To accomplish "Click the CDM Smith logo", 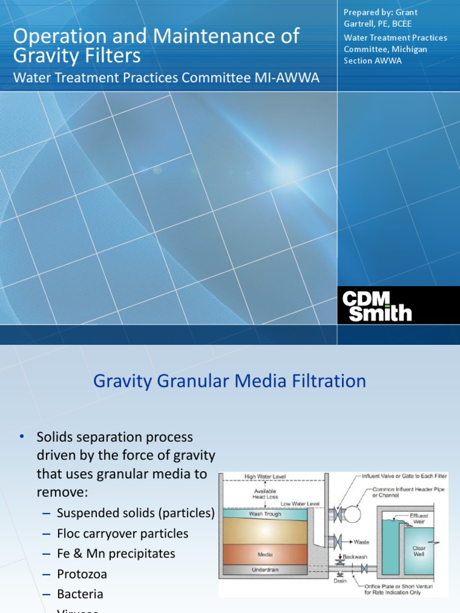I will tap(377, 305).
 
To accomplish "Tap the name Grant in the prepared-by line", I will tap(406, 12).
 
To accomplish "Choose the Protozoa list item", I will tap(82, 573).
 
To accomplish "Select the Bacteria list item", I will tap(80, 594).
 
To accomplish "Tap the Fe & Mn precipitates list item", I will tap(116, 553).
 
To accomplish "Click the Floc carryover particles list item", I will tap(123, 533).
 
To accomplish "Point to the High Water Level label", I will tap(265, 477).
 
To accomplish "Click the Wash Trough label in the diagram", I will tap(265, 514).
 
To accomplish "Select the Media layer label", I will tap(265, 555).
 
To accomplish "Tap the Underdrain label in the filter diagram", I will tap(265, 570).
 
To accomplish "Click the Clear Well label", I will tap(419, 551).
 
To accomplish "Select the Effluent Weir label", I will tap(419, 518).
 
